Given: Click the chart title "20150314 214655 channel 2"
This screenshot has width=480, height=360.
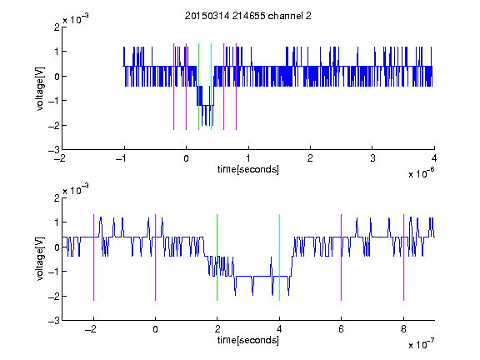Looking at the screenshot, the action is point(248,16).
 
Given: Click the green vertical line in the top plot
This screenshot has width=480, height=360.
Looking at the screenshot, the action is point(198,87).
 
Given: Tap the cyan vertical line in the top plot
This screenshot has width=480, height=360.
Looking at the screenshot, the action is point(211,87).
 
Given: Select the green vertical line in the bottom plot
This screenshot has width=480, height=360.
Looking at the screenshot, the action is point(217,257).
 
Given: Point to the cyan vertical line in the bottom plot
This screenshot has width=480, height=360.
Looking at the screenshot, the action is point(279,257).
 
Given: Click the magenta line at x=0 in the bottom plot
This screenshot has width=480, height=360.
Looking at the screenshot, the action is point(156,257).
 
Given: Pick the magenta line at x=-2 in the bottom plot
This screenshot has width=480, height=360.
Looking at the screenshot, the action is point(93,257).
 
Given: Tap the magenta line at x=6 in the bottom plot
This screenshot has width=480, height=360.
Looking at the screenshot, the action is point(342,257).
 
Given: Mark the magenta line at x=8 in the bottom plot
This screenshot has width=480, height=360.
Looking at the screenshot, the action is point(404,257).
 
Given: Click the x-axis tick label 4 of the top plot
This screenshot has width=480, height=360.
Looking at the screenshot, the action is point(434,158).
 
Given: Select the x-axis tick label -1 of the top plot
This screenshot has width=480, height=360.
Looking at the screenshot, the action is point(122,158).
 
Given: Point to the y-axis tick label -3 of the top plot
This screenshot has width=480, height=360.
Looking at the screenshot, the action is point(54,150).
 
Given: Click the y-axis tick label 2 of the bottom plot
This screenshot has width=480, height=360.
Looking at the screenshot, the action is point(57,197).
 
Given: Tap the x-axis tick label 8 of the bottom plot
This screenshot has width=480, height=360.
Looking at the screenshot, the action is point(403,329).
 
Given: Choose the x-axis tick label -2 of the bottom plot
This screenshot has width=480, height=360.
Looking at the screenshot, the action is point(91,329).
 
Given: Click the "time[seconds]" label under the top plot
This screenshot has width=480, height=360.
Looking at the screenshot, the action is point(248,169).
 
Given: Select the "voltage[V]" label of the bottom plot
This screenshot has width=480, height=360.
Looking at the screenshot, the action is point(40,258).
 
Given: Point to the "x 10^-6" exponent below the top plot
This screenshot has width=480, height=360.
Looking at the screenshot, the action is point(421,173).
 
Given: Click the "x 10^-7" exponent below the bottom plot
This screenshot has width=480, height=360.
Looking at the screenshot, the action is point(421,344).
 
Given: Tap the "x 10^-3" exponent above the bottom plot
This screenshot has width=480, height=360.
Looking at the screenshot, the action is point(76,189).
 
